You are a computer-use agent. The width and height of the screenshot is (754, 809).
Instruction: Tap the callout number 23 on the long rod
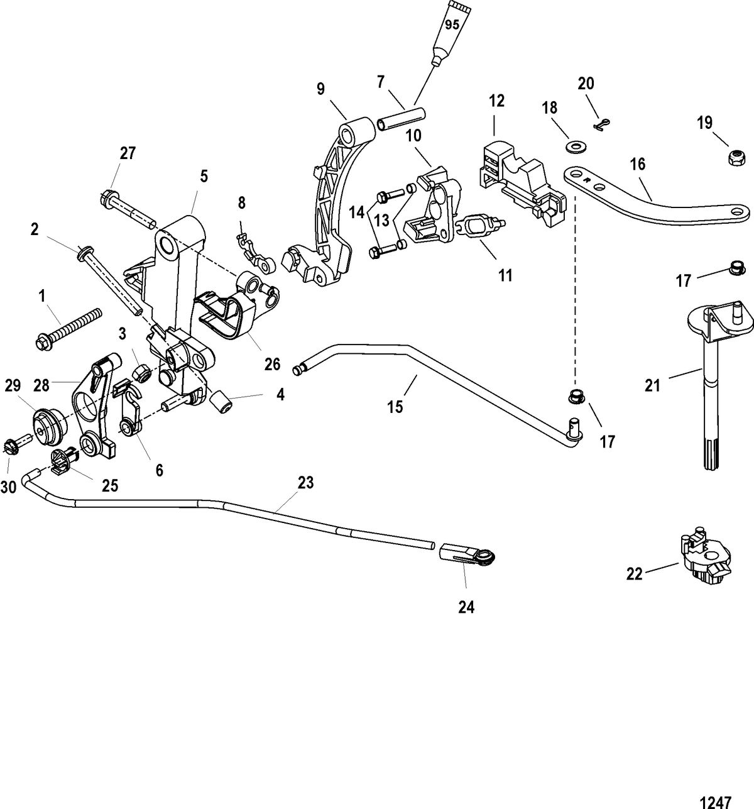(305, 483)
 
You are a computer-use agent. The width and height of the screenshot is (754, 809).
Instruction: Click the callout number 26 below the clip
(272, 364)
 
